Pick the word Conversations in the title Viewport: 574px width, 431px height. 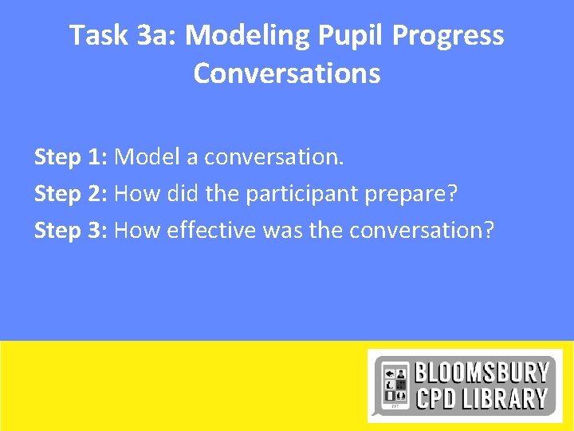pos(287,73)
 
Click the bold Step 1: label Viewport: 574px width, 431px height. pos(71,157)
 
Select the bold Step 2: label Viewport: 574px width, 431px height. pos(71,194)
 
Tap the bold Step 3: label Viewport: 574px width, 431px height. pos(71,231)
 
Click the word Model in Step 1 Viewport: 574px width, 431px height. pos(147,157)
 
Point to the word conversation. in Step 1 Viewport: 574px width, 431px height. pos(274,157)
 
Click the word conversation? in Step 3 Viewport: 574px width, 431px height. pos(422,231)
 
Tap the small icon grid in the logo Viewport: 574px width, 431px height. pos(395,386)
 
